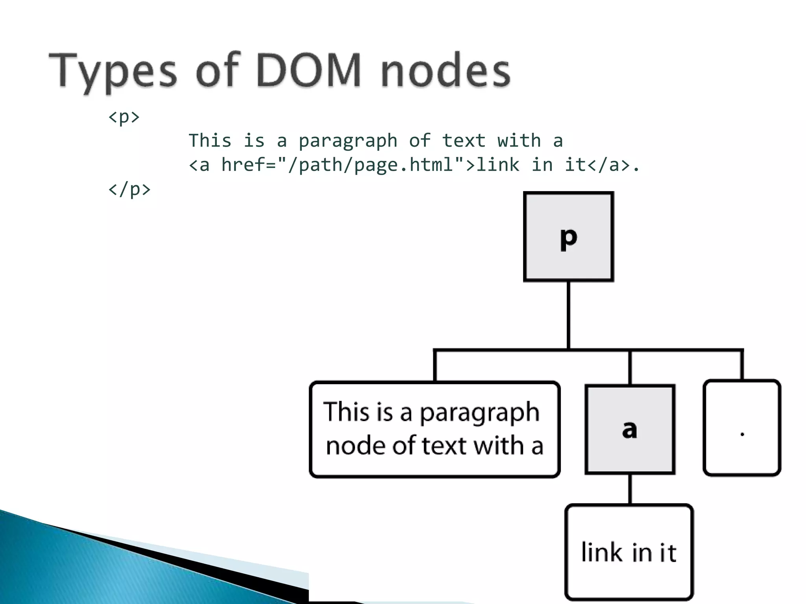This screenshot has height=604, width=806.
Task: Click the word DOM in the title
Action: point(309,71)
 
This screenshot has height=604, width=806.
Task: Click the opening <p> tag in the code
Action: point(124,117)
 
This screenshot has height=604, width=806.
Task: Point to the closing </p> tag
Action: point(129,190)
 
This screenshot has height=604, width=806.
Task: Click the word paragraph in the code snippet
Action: point(348,141)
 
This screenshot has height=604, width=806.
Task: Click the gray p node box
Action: point(568,237)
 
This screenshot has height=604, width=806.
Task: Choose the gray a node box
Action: point(630,429)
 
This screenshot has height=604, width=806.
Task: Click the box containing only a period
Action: point(742,428)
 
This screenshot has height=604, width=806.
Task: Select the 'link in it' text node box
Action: point(629,552)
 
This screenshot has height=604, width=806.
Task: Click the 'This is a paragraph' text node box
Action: point(434,429)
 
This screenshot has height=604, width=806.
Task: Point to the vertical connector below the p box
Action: point(568,315)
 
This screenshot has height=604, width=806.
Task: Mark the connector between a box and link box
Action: point(630,489)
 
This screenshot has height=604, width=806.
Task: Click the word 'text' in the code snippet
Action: point(464,141)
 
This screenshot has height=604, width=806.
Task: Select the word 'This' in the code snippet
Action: point(210,141)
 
